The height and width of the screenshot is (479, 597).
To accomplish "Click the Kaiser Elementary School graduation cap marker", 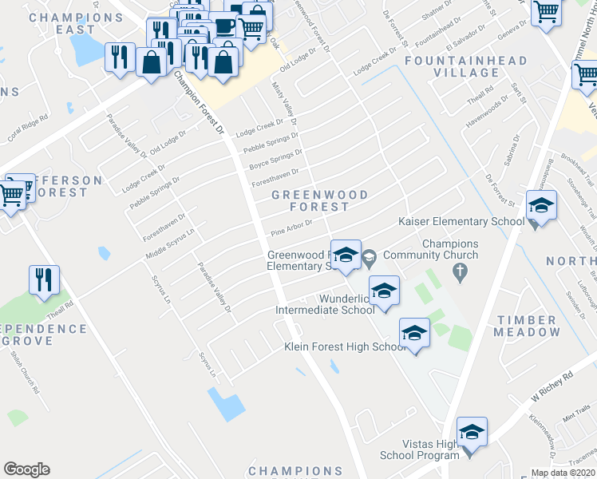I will coord(541,207).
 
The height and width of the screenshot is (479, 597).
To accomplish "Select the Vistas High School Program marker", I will coord(472,433).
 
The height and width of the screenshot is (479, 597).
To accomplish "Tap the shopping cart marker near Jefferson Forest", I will coord(11,194).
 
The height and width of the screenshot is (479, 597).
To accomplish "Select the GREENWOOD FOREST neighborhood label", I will coord(319,200).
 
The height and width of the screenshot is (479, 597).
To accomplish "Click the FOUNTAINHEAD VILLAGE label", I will coord(465,66).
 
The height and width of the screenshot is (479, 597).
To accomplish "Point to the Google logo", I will coord(26,469).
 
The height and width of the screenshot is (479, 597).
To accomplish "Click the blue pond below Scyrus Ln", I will coord(227,405).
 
